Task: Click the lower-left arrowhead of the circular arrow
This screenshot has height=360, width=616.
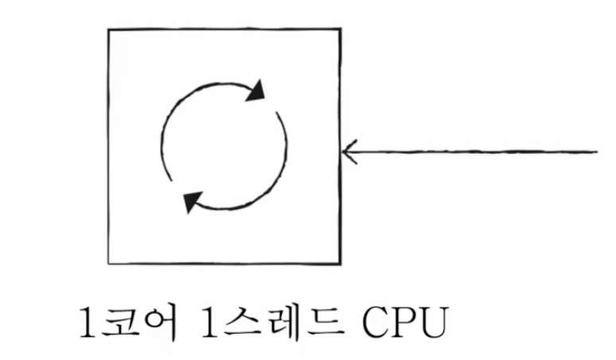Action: tap(191, 202)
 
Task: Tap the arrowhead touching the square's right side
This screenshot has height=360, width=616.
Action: tap(349, 150)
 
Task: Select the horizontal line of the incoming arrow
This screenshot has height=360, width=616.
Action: tap(478, 150)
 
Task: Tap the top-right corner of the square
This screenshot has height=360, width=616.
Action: tap(341, 29)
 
